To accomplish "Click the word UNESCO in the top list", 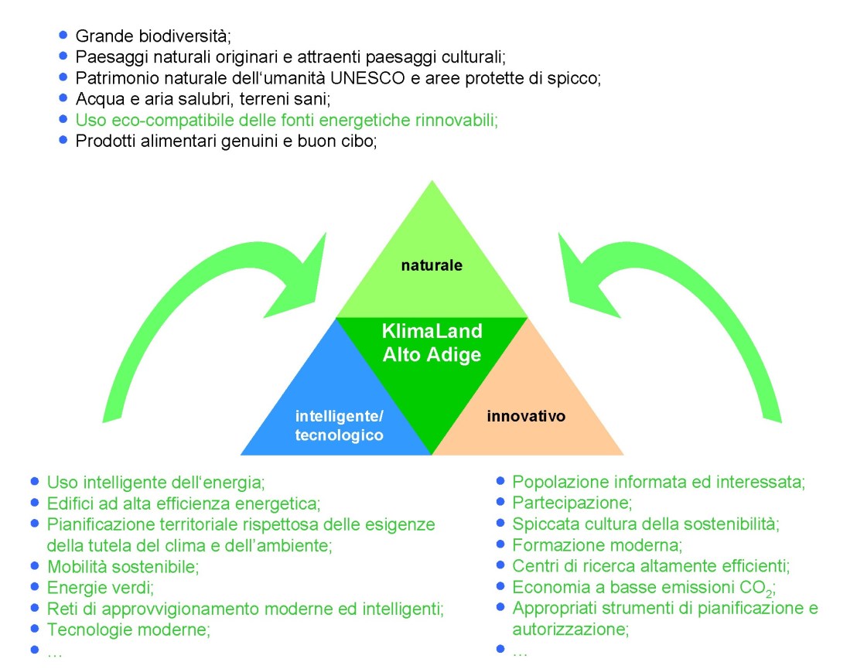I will [363, 77].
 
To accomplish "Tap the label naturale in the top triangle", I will [432, 265].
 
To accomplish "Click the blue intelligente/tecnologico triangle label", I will [340, 426].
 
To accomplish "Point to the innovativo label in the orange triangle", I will [526, 416].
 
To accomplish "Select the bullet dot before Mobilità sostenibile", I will [34, 565].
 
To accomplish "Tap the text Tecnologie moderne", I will [128, 629].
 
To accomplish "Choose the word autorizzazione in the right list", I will [568, 629].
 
